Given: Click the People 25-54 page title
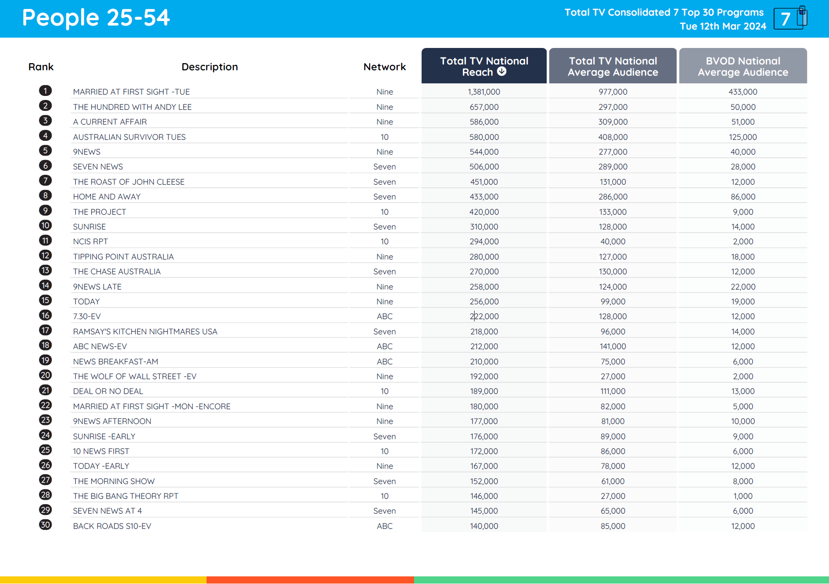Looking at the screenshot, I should (x=96, y=18).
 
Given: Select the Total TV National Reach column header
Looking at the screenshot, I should (x=484, y=66).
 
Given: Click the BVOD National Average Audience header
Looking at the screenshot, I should (x=743, y=66).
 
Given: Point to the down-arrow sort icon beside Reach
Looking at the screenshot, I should (x=502, y=72).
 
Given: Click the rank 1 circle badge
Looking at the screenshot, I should (x=45, y=91).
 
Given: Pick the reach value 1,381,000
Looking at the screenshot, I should (x=484, y=92).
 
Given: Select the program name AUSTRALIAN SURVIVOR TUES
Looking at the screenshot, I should (x=129, y=137).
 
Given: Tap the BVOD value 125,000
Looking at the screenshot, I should (x=743, y=137).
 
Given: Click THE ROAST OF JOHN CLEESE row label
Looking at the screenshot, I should (x=129, y=182).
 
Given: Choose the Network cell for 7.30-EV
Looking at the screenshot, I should (x=384, y=316).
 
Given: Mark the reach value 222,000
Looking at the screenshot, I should (x=484, y=316).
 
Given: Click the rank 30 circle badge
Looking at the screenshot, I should (x=45, y=525).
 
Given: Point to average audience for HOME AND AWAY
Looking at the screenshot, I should (x=613, y=197).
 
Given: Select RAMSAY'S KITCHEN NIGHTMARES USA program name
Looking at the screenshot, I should (x=145, y=332).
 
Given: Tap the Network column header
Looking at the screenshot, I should (x=384, y=67).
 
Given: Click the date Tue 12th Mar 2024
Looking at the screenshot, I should (x=723, y=26).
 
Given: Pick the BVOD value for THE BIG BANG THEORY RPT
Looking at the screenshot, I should (x=743, y=496).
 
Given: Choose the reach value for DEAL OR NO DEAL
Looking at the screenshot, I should (x=484, y=391).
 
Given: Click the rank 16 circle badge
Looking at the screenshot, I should (x=45, y=316).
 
